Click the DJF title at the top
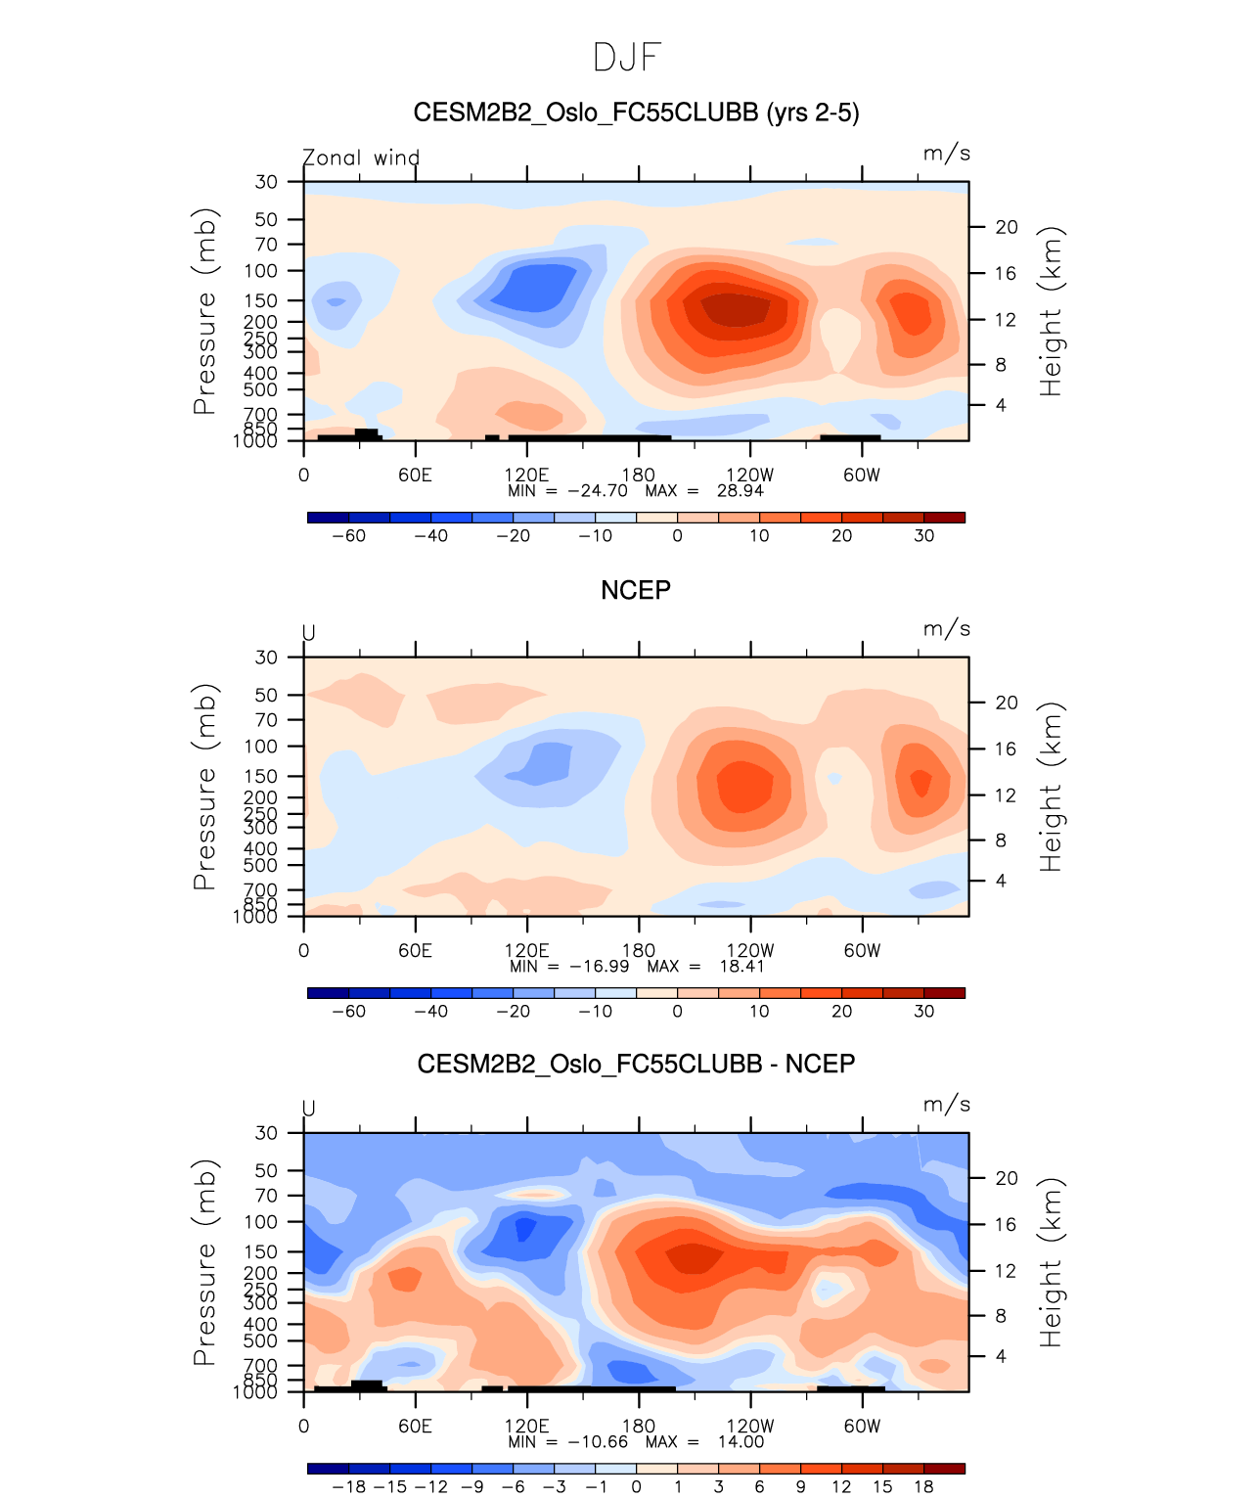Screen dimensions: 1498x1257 pyautogui.click(x=628, y=58)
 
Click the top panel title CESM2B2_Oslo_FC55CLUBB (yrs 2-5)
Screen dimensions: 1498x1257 pyautogui.click(x=636, y=113)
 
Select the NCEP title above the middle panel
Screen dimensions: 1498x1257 pyautogui.click(x=636, y=590)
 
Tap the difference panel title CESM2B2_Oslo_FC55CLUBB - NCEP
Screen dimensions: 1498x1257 pyautogui.click(x=636, y=1064)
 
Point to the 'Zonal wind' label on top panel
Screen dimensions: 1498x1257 pyautogui.click(x=361, y=158)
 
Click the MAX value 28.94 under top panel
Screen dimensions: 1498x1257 pyautogui.click(x=740, y=491)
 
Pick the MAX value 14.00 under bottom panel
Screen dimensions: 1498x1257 pyautogui.click(x=741, y=1442)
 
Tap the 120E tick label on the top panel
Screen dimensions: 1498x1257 pyautogui.click(x=526, y=476)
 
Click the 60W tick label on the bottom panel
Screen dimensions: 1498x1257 pyautogui.click(x=862, y=1427)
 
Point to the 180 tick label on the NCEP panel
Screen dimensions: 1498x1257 pyautogui.click(x=639, y=951)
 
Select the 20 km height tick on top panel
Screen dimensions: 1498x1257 pyautogui.click(x=1007, y=227)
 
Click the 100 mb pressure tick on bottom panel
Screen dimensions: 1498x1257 pyautogui.click(x=261, y=1222)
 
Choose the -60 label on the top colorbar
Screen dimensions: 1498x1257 pyautogui.click(x=348, y=536)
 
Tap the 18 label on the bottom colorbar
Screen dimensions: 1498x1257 pyautogui.click(x=923, y=1487)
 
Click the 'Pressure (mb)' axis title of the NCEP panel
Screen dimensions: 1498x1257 pyautogui.click(x=204, y=787)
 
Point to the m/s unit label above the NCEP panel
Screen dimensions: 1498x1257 pyautogui.click(x=946, y=629)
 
